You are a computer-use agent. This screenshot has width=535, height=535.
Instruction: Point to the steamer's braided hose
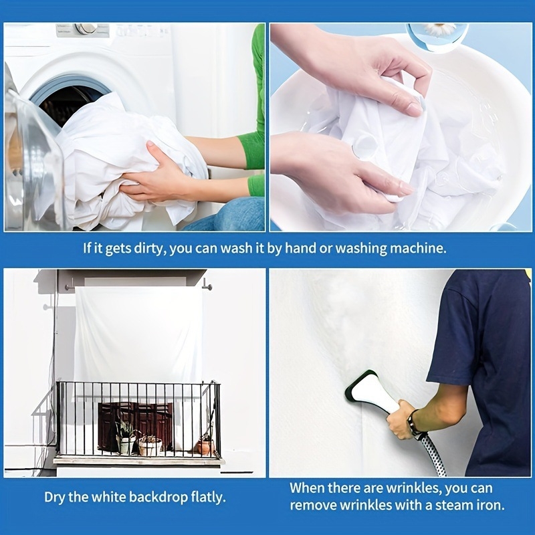pos(433,454)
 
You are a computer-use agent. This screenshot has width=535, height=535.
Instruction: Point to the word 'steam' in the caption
pos(455,506)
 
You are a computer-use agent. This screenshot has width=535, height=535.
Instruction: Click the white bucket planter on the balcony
pos(150,447)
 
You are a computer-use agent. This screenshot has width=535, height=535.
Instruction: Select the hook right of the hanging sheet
pos(207,286)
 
